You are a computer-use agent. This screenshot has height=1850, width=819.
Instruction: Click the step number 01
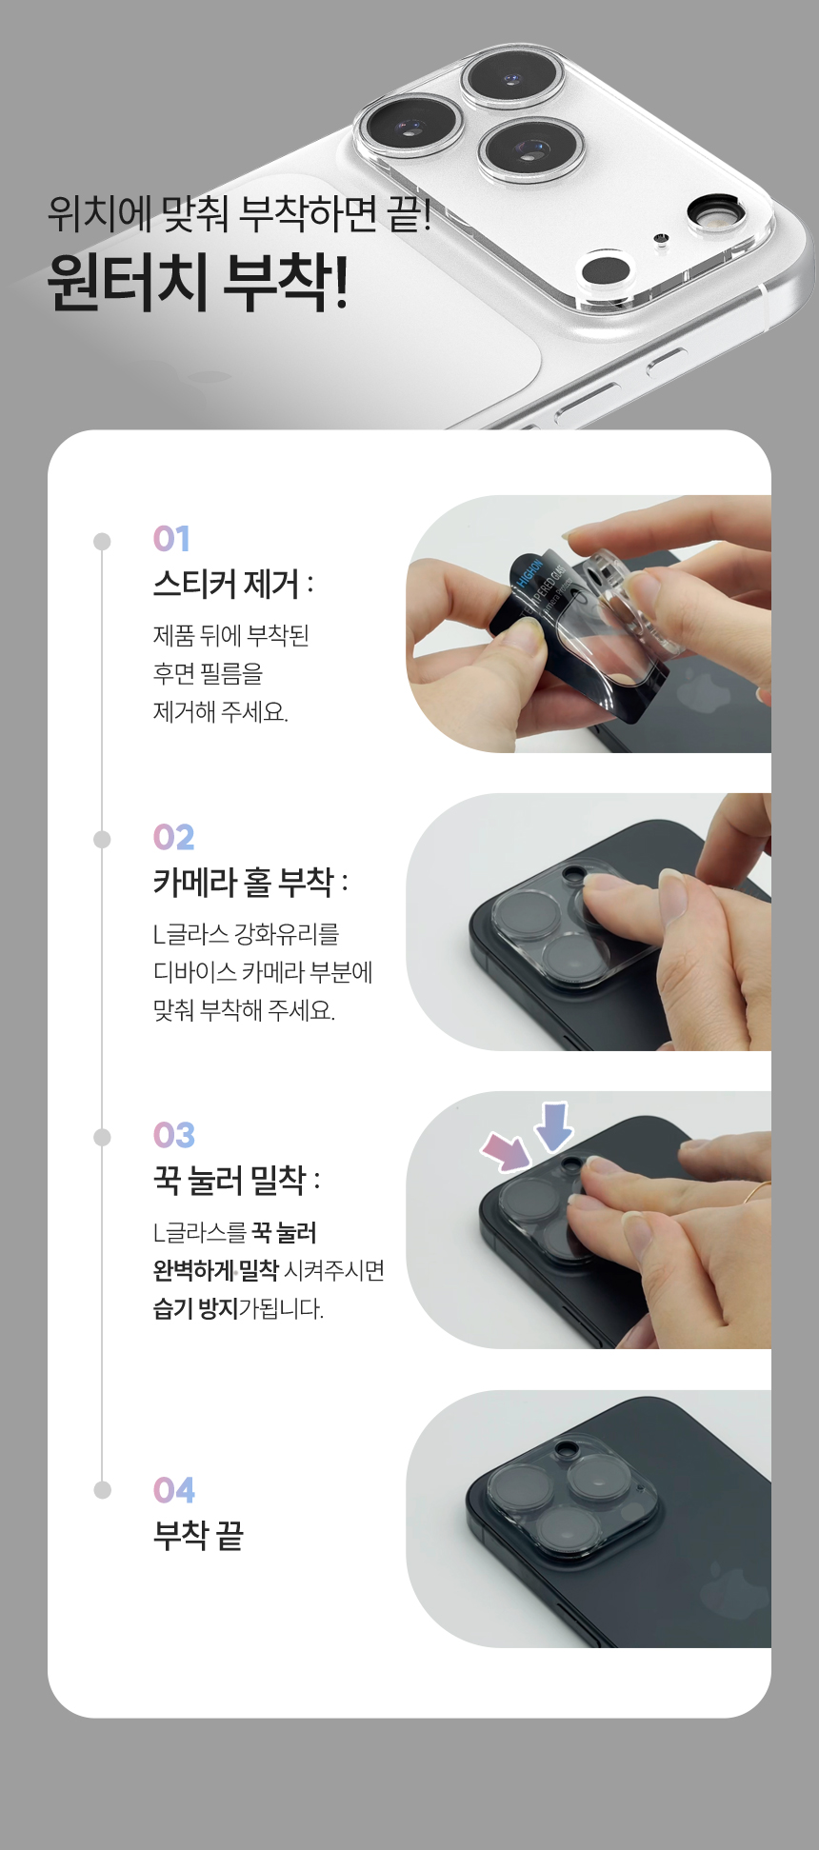click(x=172, y=539)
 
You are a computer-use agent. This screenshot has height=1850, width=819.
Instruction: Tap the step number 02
click(x=173, y=837)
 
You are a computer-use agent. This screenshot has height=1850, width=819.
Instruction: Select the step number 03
click(x=174, y=1135)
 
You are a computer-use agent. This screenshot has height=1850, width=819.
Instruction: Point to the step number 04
click(x=174, y=1490)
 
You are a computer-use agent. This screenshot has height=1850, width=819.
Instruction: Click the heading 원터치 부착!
click(x=198, y=282)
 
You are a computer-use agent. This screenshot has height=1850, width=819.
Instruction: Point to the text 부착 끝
click(x=198, y=1535)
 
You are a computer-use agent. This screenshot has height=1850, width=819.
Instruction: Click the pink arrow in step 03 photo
click(x=508, y=1150)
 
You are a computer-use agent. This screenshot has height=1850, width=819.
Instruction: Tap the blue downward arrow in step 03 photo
click(x=553, y=1126)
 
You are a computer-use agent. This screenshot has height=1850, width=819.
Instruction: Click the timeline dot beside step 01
click(x=102, y=542)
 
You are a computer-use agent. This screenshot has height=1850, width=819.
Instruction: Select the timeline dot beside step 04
click(x=102, y=1490)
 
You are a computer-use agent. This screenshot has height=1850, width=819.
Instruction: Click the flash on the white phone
click(x=715, y=214)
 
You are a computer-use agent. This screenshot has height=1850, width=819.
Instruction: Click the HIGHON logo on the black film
click(x=529, y=575)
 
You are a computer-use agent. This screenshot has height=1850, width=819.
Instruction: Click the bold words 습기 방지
click(x=195, y=1308)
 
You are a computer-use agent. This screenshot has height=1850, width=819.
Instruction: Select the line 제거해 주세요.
click(x=221, y=711)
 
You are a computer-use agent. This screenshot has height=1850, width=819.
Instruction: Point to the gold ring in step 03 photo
click(x=759, y=1191)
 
